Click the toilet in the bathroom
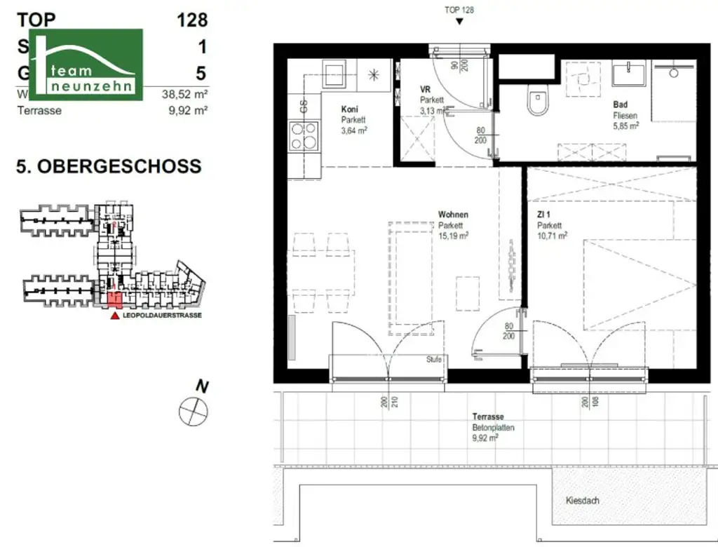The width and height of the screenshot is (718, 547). point(538,102)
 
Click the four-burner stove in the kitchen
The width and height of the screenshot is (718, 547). point(304,137)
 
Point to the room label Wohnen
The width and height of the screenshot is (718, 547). point(453,215)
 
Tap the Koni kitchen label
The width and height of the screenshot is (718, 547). point(351,109)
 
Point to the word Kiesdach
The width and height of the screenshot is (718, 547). point(583,501)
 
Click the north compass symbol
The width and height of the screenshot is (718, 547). point(193,410)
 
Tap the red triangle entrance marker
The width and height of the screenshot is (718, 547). point(115,316)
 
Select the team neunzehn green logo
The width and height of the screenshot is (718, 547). point(86,65)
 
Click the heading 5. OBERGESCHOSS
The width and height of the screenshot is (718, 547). point(109,166)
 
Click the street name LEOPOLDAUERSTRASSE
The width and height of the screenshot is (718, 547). point(162,316)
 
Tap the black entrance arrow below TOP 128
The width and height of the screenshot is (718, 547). point(459,22)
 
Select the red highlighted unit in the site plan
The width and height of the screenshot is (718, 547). point(114,300)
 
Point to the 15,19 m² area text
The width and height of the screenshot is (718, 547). point(454,236)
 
